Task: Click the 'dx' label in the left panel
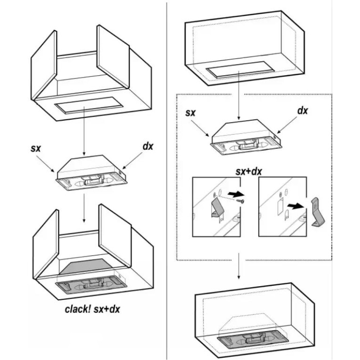click(148, 147)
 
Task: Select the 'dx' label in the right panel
click(302, 111)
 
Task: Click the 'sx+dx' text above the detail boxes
click(248, 171)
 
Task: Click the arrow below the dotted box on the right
click(238, 266)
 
